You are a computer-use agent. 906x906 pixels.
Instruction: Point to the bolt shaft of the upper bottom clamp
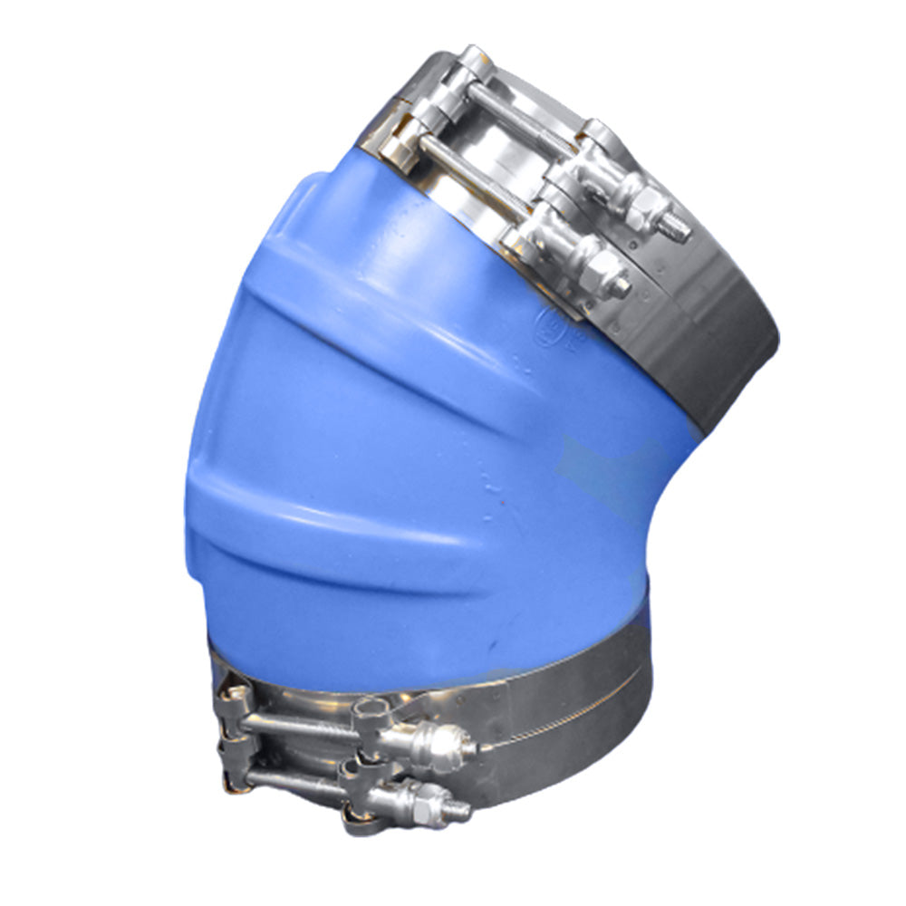[x=299, y=725]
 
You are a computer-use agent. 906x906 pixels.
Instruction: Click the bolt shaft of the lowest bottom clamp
[x=299, y=779]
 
